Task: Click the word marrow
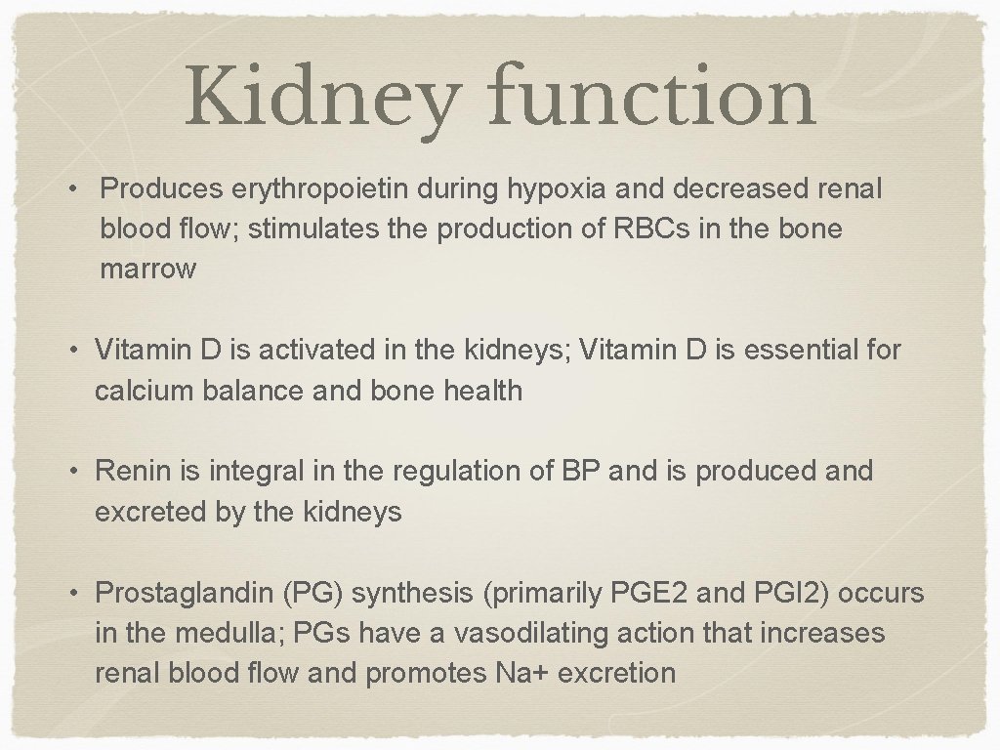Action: click(x=147, y=270)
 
